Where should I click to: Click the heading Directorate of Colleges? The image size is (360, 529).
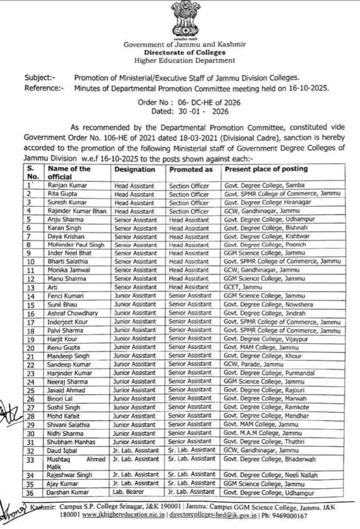(x=185, y=52)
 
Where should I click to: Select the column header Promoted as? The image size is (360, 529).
(x=191, y=170)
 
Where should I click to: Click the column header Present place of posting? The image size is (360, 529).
(x=266, y=169)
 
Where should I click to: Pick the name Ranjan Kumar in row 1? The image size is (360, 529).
(x=67, y=186)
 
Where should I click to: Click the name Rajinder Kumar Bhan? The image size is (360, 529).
(x=77, y=211)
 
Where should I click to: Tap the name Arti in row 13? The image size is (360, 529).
(x=53, y=287)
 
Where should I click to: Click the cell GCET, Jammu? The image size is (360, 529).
(x=243, y=287)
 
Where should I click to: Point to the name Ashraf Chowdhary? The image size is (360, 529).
(x=72, y=313)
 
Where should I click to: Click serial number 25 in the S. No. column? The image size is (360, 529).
(x=31, y=390)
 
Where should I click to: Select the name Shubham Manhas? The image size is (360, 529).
(x=71, y=442)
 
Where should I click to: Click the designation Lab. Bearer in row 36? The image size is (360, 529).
(x=128, y=492)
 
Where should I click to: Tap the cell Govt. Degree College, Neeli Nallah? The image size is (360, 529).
(x=270, y=475)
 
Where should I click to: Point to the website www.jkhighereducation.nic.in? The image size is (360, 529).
(x=123, y=515)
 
